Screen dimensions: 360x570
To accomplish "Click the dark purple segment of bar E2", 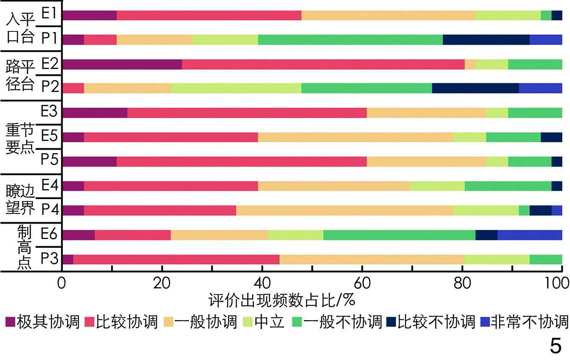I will coord(122,64).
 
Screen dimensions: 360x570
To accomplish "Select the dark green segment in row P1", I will coord(350,39).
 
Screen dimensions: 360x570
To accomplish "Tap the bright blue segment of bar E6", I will coord(529,235).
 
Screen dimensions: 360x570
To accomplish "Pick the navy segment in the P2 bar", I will coord(475,88).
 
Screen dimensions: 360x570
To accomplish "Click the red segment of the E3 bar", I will coord(247,113).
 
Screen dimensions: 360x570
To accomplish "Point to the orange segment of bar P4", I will coord(344,210).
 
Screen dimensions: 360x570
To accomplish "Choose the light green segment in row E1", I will coord(508,15).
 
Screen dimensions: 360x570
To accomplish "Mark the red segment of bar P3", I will coord(176,259).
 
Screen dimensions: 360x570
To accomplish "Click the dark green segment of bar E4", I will coord(508,186).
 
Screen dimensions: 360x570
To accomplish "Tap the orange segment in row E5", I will coord(355,137).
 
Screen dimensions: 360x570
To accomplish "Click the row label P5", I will coord(49,159).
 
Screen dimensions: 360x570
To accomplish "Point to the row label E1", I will coord(49,14).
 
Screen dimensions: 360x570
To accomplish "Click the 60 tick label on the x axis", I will coord(362,283).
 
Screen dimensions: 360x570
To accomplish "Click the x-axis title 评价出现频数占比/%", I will coord(282,301).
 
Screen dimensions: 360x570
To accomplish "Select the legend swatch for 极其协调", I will coord(10,322).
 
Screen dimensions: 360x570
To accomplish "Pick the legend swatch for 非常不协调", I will coord(485,322).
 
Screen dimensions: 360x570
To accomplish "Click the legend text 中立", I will coord(269,322).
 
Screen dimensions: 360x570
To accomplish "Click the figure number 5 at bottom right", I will coord(555,346).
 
